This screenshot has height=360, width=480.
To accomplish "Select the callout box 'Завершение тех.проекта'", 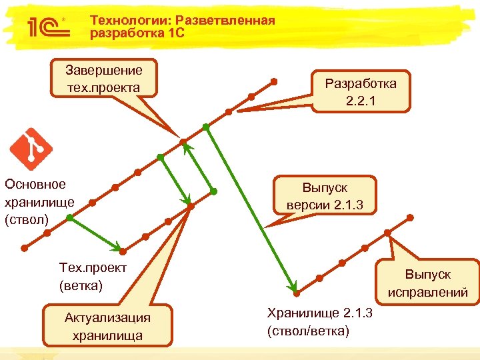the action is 103,79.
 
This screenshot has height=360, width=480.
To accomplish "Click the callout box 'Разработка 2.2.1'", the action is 361,92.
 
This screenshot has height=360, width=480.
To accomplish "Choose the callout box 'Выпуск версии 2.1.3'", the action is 325,196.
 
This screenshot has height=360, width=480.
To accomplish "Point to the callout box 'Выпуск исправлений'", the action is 427,283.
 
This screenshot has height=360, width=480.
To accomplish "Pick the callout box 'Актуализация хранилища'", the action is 107,326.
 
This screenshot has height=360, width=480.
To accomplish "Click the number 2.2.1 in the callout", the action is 361,101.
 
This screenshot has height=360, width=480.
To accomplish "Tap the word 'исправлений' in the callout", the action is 427,292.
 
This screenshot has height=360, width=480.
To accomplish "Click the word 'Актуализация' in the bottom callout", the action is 107,317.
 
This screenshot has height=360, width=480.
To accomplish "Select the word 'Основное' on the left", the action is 35,184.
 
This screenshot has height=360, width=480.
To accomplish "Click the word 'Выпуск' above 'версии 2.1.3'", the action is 325,187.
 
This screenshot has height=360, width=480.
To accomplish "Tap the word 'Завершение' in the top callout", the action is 103,70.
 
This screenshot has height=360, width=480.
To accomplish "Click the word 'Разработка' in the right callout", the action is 361,83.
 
